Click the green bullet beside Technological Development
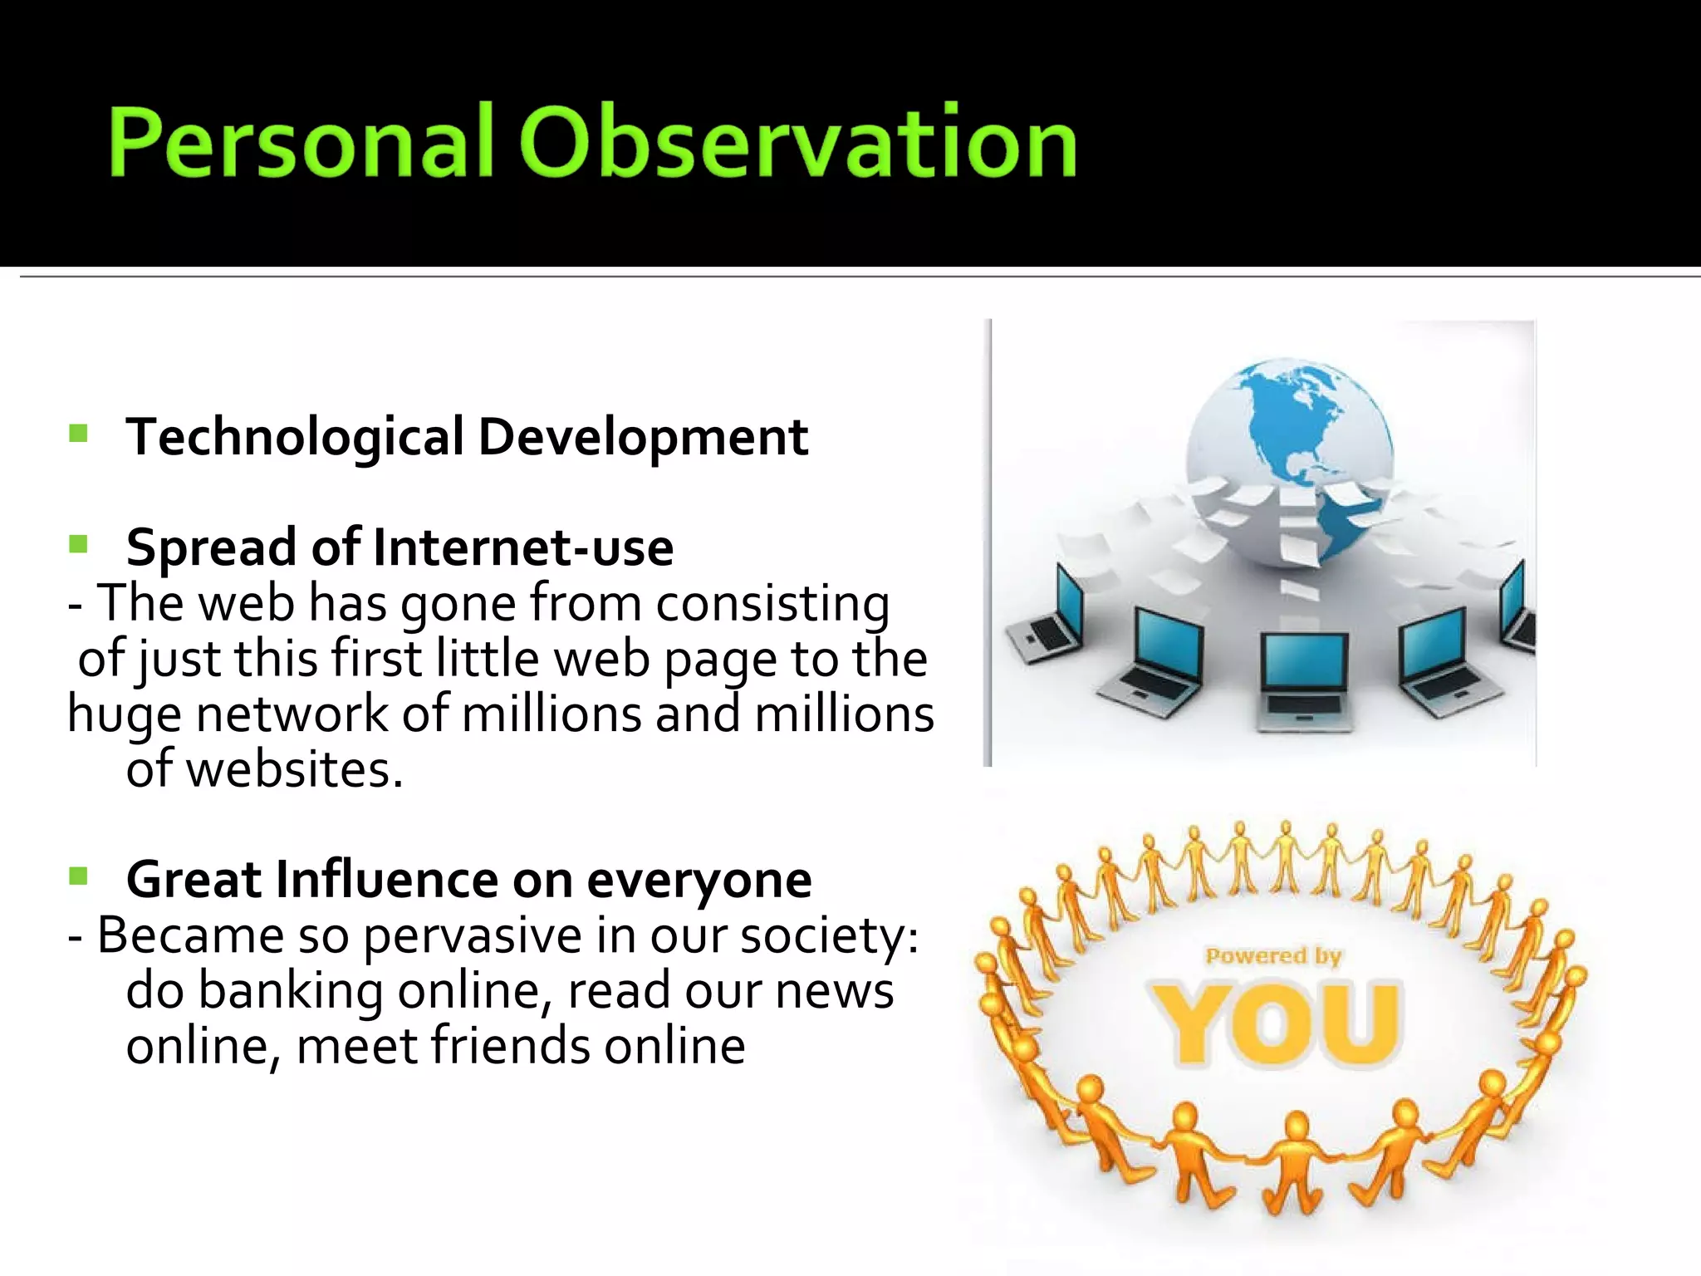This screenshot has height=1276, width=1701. click(79, 434)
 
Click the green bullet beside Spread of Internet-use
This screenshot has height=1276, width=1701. click(79, 545)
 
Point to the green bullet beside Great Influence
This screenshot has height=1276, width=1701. click(79, 876)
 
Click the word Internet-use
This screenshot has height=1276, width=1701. click(523, 547)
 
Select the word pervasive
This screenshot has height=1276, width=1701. click(473, 936)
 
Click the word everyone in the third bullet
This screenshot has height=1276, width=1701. click(699, 880)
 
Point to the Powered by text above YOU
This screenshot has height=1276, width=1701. click(1273, 956)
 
